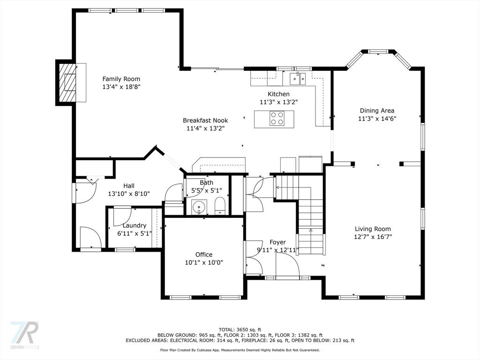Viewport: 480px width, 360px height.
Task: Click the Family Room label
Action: pyautogui.click(x=121, y=79)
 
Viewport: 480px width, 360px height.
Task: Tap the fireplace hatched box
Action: pyautogui.click(x=67, y=82)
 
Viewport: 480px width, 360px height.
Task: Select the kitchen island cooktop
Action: pyautogui.click(x=277, y=118)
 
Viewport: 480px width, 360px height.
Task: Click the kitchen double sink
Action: pyautogui.click(x=298, y=79)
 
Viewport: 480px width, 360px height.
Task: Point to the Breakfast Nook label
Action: pyautogui.click(x=205, y=120)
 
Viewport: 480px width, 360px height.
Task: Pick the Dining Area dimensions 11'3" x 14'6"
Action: pyautogui.click(x=377, y=119)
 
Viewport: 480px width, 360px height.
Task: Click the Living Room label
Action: pyautogui.click(x=373, y=229)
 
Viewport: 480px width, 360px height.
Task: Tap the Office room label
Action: pyautogui.click(x=204, y=255)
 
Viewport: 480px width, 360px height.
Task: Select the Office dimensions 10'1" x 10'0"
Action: pyautogui.click(x=204, y=262)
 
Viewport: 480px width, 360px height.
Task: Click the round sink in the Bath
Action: pyautogui.click(x=199, y=207)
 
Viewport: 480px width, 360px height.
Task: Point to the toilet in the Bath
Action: pyautogui.click(x=220, y=206)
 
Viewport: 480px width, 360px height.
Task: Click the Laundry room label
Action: pyautogui.click(x=135, y=225)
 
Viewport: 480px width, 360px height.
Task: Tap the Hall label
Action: pyautogui.click(x=129, y=186)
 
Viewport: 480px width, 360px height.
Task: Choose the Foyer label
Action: pyautogui.click(x=277, y=242)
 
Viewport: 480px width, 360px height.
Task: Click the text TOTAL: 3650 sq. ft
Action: pyautogui.click(x=240, y=330)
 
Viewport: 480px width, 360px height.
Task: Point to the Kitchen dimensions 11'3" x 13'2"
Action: pyautogui.click(x=279, y=102)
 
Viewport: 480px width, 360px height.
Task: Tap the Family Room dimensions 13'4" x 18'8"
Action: pyautogui.click(x=121, y=87)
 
